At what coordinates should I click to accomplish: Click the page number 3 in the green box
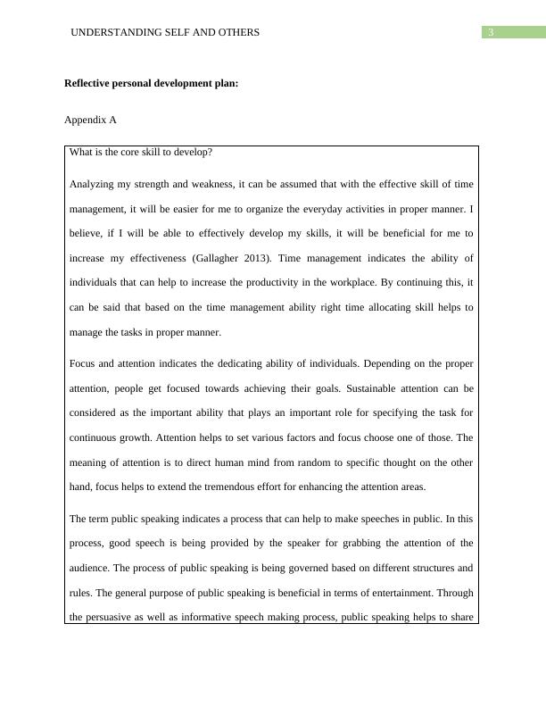[491, 33]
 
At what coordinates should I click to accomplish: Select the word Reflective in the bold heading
[91, 85]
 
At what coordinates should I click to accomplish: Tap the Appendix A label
[90, 119]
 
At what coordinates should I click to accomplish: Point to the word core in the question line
[137, 153]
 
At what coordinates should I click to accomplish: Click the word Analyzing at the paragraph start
[94, 185]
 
